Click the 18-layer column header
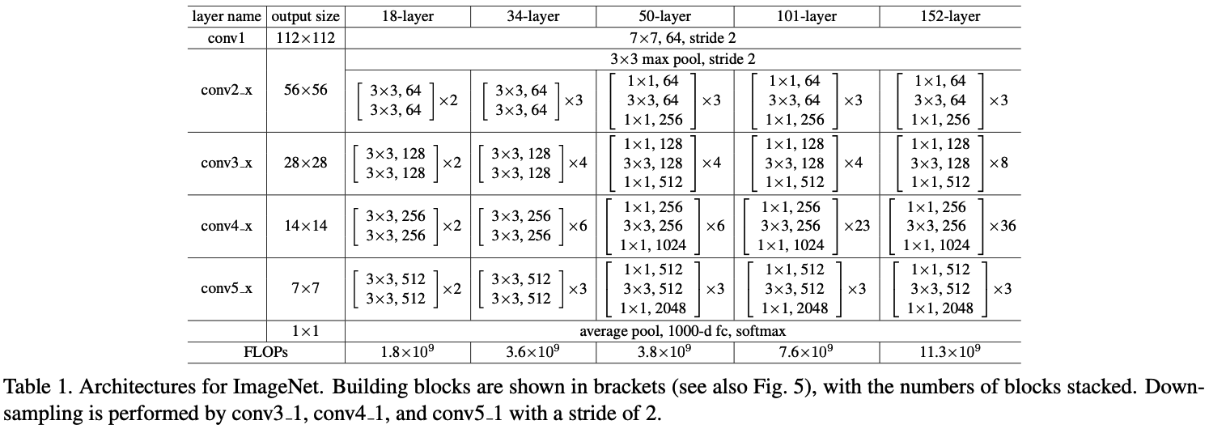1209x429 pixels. pyautogui.click(x=407, y=16)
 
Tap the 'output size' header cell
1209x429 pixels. pyautogui.click(x=305, y=16)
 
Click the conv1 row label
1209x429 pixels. pyautogui.click(x=227, y=37)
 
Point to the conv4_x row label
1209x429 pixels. pyautogui.click(x=227, y=226)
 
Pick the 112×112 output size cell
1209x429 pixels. pyautogui.click(x=305, y=37)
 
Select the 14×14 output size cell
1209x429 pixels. pyautogui.click(x=305, y=226)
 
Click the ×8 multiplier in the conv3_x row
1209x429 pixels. pyautogui.click(x=999, y=163)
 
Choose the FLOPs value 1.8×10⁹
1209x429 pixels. pyautogui.click(x=407, y=352)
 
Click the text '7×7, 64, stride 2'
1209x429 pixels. pyautogui.click(x=683, y=37)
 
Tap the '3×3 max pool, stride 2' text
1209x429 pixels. pyautogui.click(x=683, y=58)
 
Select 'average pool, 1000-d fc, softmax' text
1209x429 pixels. pyautogui.click(x=683, y=331)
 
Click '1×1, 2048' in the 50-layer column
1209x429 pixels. pyautogui.click(x=653, y=308)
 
